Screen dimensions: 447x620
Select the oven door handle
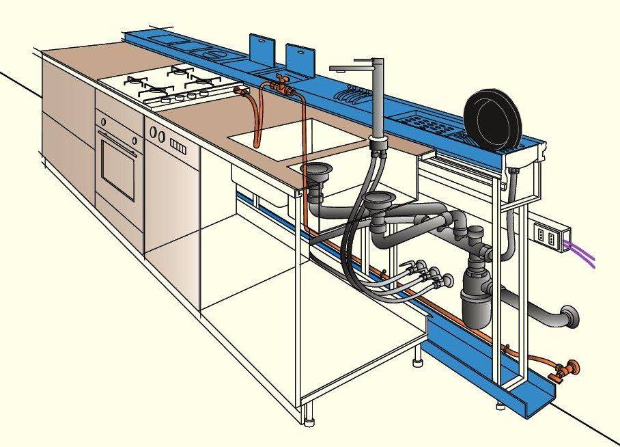click(x=119, y=134)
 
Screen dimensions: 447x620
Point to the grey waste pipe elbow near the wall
click(x=566, y=317)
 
